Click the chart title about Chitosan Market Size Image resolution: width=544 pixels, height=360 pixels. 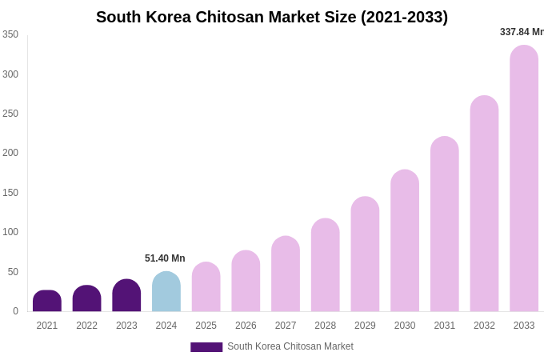(x=272, y=17)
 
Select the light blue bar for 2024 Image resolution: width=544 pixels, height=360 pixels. (x=166, y=292)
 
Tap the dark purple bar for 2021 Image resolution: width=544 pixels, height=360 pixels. (x=47, y=302)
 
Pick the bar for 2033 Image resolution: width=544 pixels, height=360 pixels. (x=524, y=178)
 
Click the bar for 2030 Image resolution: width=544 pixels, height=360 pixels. (x=405, y=241)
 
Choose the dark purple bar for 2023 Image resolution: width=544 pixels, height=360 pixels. (x=126, y=296)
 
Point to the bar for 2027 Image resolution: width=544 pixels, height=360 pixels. (x=286, y=274)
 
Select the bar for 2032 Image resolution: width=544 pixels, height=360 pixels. (x=484, y=204)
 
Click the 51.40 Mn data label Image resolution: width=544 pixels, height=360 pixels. (x=165, y=258)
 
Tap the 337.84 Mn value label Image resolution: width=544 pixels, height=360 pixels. (x=522, y=32)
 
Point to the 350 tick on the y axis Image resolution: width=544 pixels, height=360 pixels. (x=10, y=34)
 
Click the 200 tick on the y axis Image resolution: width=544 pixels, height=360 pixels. (x=10, y=153)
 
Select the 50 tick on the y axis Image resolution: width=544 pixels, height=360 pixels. (x=13, y=272)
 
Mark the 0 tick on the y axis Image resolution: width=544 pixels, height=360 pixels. (x=15, y=311)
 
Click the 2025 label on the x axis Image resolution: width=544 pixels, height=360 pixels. (x=206, y=326)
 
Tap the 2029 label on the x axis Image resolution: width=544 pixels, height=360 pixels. (x=365, y=326)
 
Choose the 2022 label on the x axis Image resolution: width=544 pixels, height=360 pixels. (x=87, y=326)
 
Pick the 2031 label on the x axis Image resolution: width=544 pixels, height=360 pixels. (x=445, y=326)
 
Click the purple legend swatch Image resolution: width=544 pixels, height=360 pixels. (x=206, y=347)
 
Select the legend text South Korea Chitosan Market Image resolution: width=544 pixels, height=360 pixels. (x=290, y=346)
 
